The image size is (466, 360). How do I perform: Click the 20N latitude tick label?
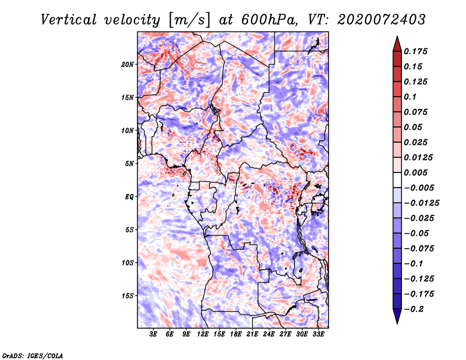(x=128, y=65)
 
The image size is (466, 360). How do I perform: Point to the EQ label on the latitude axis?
(x=129, y=197)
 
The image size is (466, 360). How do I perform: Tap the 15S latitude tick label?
(x=128, y=296)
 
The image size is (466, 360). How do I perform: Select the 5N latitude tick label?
(x=129, y=164)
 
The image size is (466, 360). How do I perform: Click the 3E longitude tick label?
(x=153, y=334)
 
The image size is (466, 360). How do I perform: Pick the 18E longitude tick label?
(x=236, y=334)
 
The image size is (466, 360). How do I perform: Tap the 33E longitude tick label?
(x=318, y=334)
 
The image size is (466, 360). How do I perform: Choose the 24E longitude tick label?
(x=269, y=334)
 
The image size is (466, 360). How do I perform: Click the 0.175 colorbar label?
(x=415, y=51)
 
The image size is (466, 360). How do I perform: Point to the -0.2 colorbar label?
(x=414, y=309)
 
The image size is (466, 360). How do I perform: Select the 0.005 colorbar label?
(x=415, y=172)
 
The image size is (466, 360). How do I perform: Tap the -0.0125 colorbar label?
(x=421, y=203)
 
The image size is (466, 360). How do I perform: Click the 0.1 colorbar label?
(x=410, y=97)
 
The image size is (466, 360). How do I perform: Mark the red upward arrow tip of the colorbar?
(x=397, y=36)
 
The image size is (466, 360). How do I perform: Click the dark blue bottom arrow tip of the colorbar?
(x=397, y=323)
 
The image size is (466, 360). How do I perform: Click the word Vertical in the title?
(x=69, y=20)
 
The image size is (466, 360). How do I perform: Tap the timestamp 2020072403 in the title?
(x=382, y=20)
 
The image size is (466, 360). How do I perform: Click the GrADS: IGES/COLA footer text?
(x=33, y=355)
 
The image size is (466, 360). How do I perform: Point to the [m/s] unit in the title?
(x=190, y=20)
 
